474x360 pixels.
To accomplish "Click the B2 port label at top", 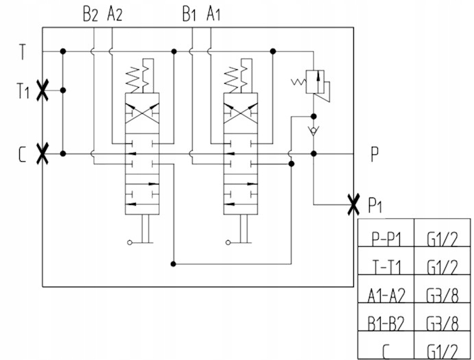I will pyautogui.click(x=91, y=14).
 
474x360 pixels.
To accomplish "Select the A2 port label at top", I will pyautogui.click(x=114, y=14).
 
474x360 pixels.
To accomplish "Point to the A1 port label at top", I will pyautogui.click(x=215, y=14).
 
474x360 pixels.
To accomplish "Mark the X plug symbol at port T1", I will pyautogui.click(x=43, y=90).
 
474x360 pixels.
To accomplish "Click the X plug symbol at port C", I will pyautogui.click(x=43, y=153).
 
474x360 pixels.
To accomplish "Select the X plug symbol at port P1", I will pyautogui.click(x=353, y=203).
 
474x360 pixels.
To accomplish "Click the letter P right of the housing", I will pyautogui.click(x=375, y=155).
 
